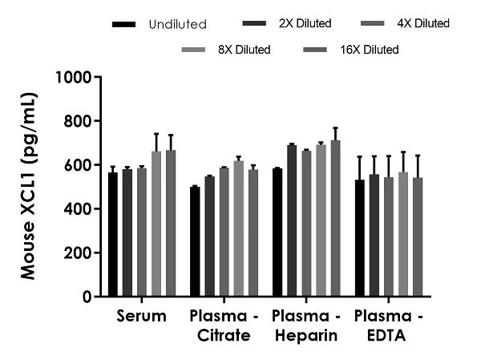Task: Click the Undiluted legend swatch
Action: [x=124, y=24]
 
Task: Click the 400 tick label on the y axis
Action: [x=79, y=209]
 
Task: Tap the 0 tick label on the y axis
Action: [x=85, y=297]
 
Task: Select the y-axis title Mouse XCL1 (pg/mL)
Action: [x=30, y=188]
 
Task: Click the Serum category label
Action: [x=141, y=316]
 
